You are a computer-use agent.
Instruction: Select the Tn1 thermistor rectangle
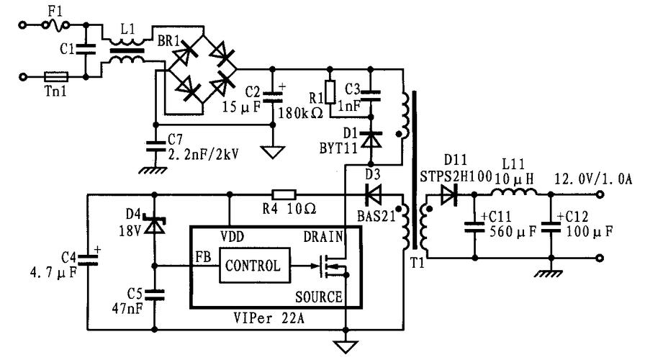(x=56, y=75)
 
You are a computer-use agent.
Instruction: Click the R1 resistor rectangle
(x=330, y=92)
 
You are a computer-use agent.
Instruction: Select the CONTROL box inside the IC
(x=253, y=265)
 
